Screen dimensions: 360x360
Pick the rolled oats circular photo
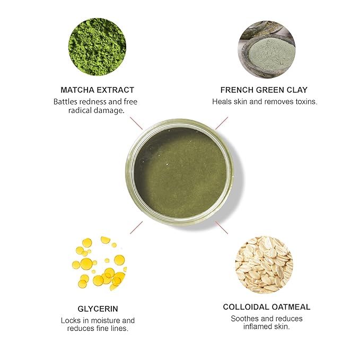(x=264, y=264)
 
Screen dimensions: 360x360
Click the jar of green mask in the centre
(x=180, y=173)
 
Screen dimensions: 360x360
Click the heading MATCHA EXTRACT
(x=97, y=90)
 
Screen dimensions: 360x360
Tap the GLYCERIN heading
(x=98, y=309)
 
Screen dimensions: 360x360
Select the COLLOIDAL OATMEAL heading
(x=267, y=307)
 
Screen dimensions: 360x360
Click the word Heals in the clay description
(x=223, y=101)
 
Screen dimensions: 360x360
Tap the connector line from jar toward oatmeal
(x=222, y=228)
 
